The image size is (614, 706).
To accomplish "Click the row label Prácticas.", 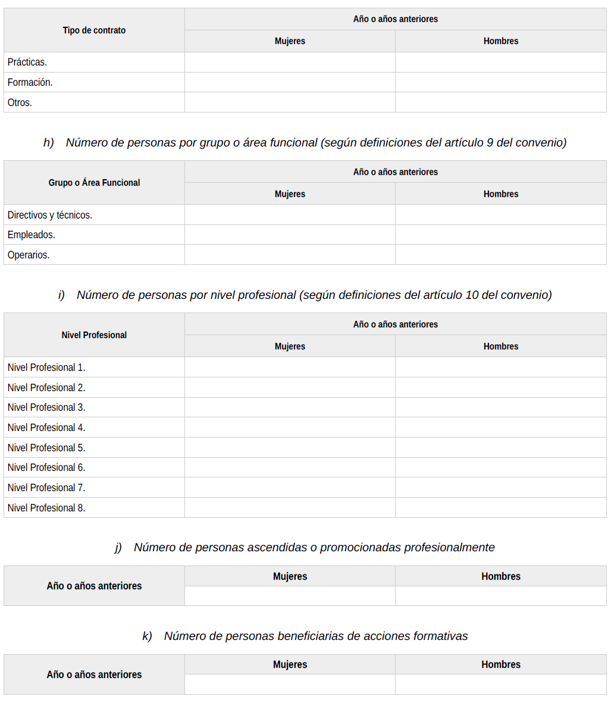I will pyautogui.click(x=27, y=63).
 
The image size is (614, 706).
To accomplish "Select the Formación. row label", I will pyautogui.click(x=30, y=83).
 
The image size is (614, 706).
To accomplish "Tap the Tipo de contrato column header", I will pyautogui.click(x=94, y=30).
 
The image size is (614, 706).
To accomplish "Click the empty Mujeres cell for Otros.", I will pyautogui.click(x=290, y=102).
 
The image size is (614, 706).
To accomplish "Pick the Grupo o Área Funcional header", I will pyautogui.click(x=94, y=183).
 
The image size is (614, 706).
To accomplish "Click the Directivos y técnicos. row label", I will pyautogui.click(x=50, y=215).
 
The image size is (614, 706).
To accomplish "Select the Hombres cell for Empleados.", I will pyautogui.click(x=500, y=235).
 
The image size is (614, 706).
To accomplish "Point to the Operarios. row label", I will pyautogui.click(x=29, y=255).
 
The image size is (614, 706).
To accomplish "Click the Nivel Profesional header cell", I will pyautogui.click(x=94, y=335).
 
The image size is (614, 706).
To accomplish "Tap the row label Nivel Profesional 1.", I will pyautogui.click(x=46, y=367).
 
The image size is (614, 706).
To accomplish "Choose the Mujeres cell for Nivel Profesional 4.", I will pyautogui.click(x=290, y=427).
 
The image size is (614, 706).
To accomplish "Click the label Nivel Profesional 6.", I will pyautogui.click(x=46, y=467).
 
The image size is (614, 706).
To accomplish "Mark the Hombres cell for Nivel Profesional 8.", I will pyautogui.click(x=500, y=508).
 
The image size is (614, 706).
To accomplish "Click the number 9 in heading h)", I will pyautogui.click(x=490, y=143).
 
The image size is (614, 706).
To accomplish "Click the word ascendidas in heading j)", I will pyautogui.click(x=274, y=548).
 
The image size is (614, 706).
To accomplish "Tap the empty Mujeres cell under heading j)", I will pyautogui.click(x=290, y=596).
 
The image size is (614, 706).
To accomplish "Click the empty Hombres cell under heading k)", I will pyautogui.click(x=500, y=684).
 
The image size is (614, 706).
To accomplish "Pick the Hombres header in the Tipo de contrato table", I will pyautogui.click(x=500, y=41).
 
